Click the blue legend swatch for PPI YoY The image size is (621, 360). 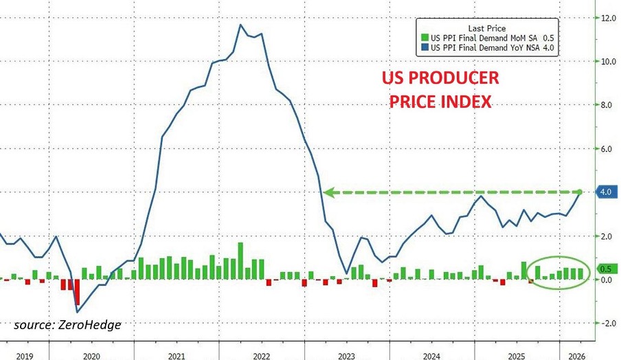(x=424, y=47)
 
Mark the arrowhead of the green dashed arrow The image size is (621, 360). (x=328, y=193)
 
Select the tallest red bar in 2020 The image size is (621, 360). (x=78, y=292)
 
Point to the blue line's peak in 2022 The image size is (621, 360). (x=240, y=25)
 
